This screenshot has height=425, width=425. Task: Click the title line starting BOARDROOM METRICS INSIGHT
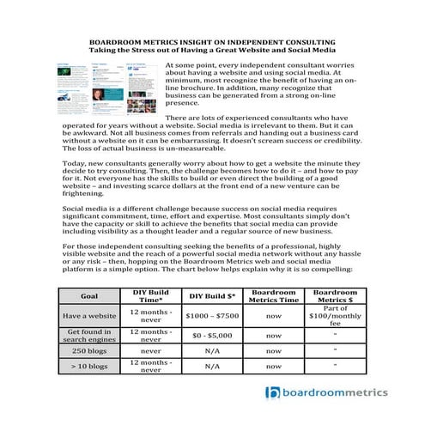212,41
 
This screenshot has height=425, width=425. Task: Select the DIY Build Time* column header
150,296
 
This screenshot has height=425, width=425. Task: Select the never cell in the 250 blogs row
150,350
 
